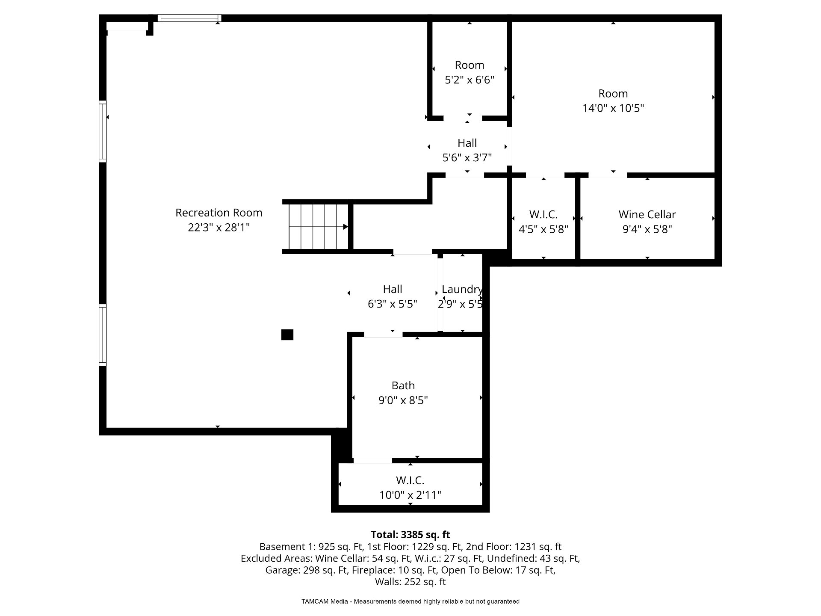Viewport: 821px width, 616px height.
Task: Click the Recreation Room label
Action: [219, 213]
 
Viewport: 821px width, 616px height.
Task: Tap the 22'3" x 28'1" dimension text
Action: [219, 227]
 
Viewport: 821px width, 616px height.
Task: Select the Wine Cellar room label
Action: [647, 214]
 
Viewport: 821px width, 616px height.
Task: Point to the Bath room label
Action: [403, 385]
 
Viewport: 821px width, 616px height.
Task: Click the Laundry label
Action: [462, 290]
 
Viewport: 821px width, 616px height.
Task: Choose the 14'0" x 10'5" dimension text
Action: [613, 108]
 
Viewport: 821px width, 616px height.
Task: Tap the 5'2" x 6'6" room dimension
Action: [470, 80]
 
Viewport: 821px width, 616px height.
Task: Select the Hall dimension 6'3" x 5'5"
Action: [393, 304]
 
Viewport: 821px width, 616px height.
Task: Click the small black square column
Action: [287, 335]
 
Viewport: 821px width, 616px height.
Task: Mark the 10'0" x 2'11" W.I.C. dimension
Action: [410, 495]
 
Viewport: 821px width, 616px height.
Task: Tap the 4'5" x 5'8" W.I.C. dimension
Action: [543, 229]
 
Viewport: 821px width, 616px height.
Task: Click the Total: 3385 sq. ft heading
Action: [410, 535]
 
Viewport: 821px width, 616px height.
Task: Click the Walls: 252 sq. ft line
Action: [410, 582]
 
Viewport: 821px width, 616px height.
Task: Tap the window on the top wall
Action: [189, 18]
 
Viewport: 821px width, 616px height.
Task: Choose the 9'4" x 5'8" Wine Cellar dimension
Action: [647, 229]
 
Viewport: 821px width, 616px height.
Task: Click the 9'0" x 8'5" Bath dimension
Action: [403, 400]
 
